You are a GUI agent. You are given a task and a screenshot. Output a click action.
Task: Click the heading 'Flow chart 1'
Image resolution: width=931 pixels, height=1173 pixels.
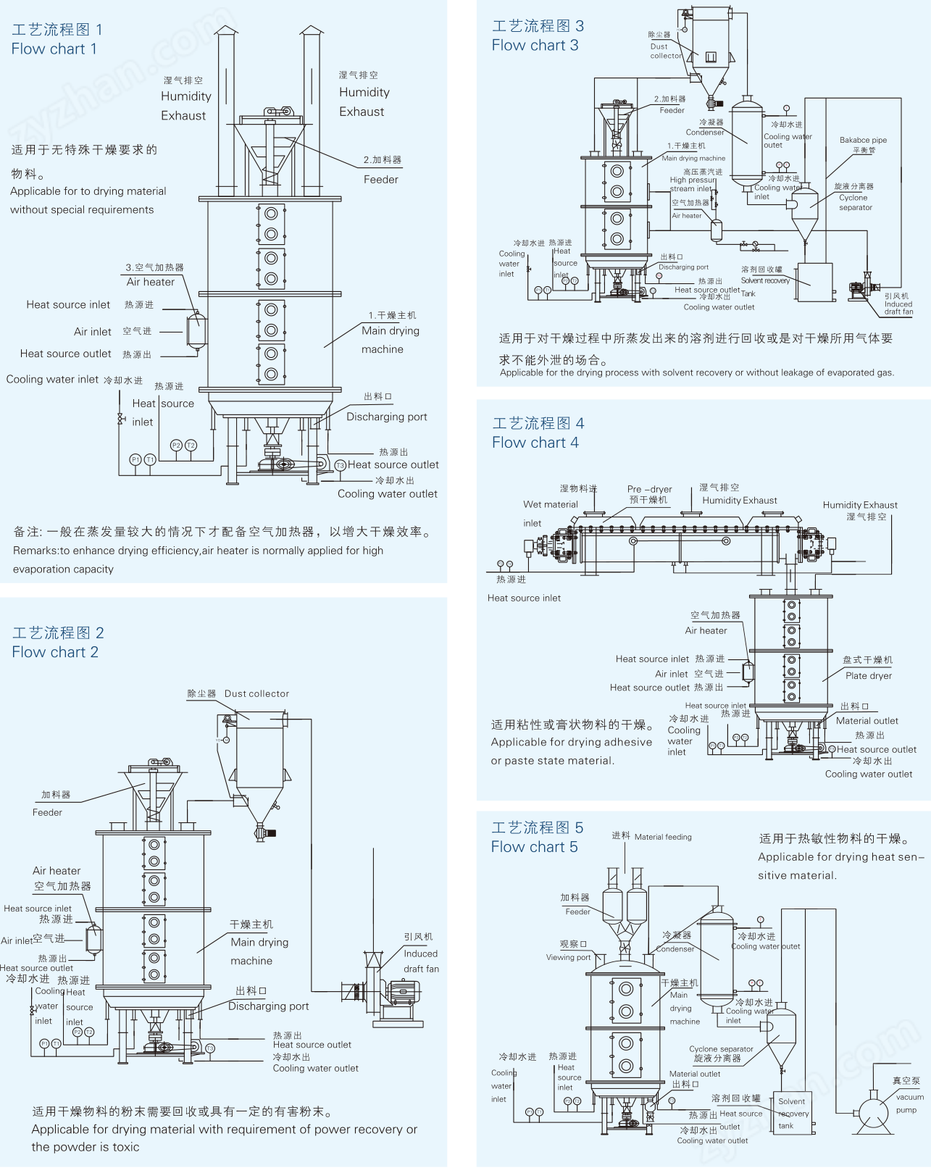(x=54, y=49)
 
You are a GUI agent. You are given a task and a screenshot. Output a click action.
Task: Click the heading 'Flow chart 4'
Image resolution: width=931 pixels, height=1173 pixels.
(x=535, y=442)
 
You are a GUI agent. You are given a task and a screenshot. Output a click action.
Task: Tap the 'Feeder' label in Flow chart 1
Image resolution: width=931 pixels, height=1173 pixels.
(x=380, y=179)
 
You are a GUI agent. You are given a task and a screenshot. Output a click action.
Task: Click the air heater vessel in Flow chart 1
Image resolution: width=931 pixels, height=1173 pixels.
(x=196, y=330)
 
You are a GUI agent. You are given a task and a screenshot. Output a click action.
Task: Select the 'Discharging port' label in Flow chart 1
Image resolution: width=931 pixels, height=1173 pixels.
(x=386, y=417)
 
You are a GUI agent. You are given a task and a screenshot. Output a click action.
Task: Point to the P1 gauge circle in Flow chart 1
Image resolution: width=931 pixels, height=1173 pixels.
(x=135, y=459)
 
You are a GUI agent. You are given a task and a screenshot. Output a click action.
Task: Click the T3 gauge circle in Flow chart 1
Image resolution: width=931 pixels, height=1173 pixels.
(x=340, y=465)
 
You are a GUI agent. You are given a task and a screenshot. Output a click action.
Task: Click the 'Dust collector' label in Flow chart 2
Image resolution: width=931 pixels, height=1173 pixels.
(x=256, y=693)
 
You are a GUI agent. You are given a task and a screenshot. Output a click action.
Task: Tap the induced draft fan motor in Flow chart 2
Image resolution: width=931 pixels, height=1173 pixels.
(x=400, y=991)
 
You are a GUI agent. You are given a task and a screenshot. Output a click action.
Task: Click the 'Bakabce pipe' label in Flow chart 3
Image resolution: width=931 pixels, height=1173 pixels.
(x=863, y=140)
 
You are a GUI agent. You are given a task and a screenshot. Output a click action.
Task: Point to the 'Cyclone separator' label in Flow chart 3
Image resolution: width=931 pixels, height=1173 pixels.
(x=855, y=202)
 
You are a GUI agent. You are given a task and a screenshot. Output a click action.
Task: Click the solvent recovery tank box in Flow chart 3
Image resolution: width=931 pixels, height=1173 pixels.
(x=814, y=282)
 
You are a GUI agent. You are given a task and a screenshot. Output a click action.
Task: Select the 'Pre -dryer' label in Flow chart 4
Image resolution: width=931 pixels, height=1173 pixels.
(x=649, y=489)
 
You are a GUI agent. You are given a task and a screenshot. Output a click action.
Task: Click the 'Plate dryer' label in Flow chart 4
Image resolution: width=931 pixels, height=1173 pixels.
(x=869, y=675)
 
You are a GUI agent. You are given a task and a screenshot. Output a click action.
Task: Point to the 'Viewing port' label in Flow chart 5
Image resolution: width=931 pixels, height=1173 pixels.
(x=568, y=957)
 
